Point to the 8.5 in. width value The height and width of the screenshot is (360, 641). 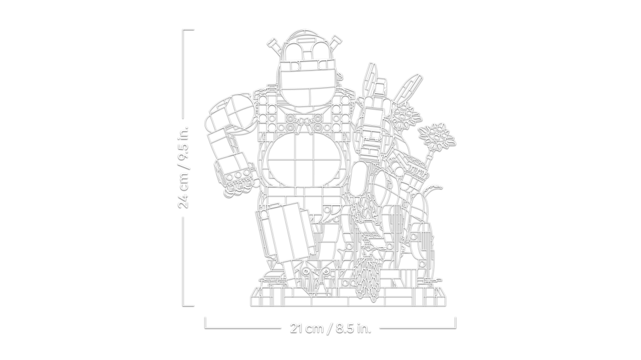[352, 329]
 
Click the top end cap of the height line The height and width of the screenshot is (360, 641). [188, 30]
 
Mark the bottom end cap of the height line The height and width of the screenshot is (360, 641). [188, 305]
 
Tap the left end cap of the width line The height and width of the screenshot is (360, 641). [205, 323]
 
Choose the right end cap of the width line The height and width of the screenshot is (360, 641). [456, 323]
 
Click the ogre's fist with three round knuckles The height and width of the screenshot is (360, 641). [237, 180]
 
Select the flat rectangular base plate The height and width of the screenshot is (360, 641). [347, 297]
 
